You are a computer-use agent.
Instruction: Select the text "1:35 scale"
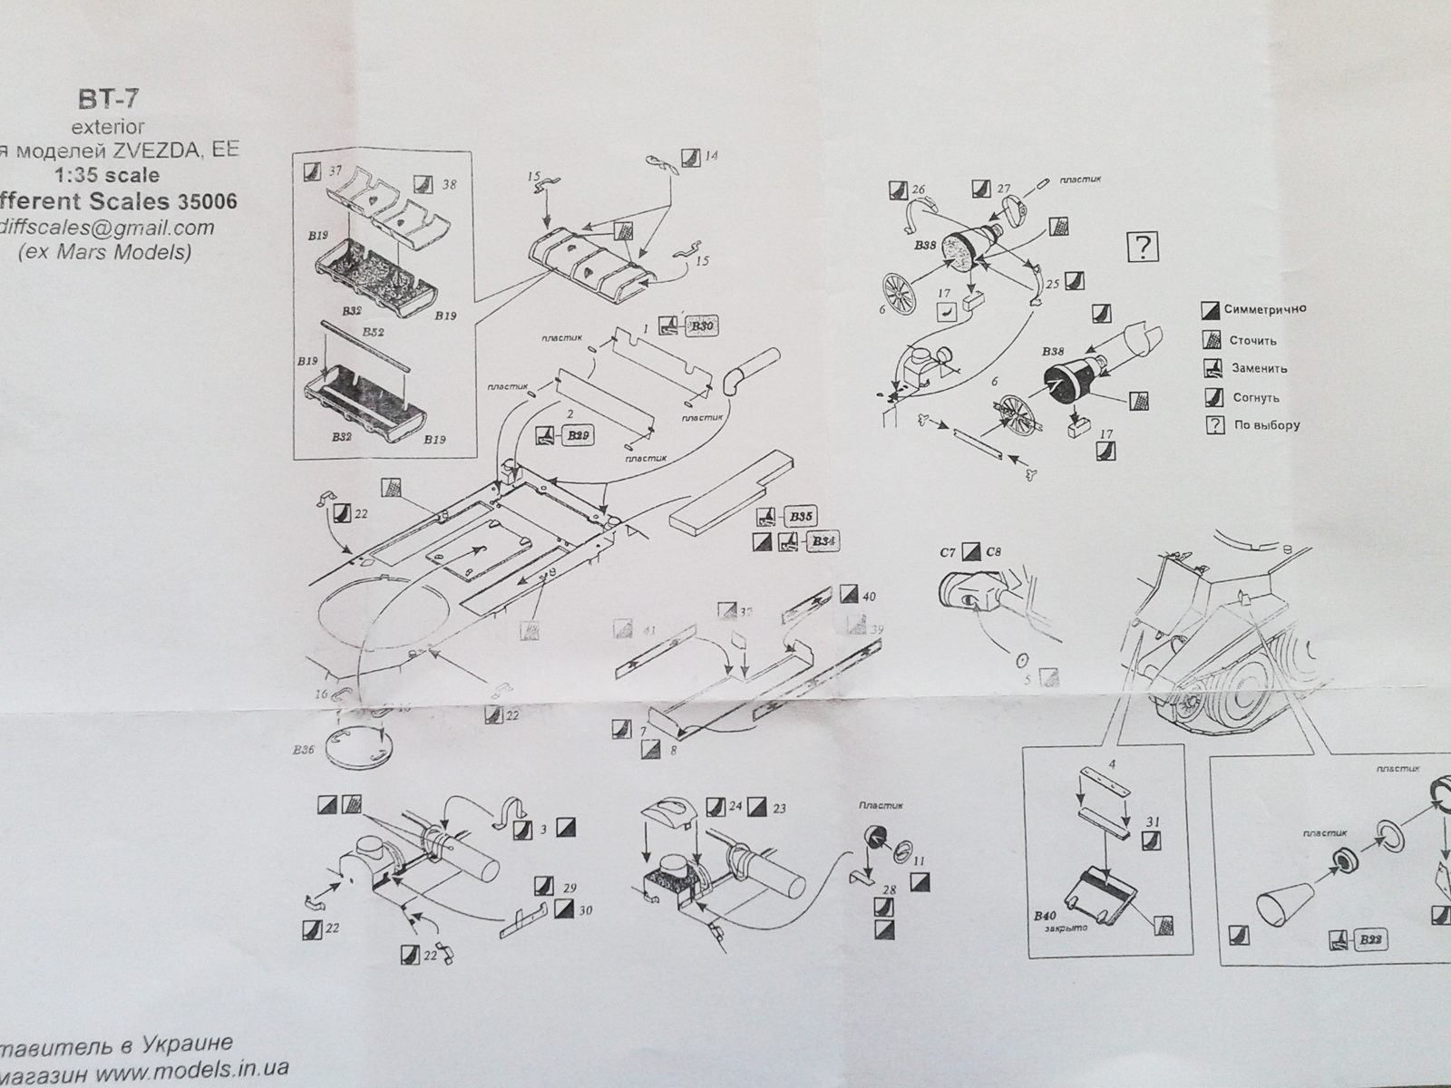tap(119, 174)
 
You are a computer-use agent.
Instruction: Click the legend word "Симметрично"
tap(1265, 309)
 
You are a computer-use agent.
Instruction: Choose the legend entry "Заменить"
tap(1259, 369)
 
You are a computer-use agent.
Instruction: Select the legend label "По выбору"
tap(1266, 425)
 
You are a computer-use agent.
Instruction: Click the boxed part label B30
tap(701, 327)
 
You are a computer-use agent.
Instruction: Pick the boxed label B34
tap(822, 542)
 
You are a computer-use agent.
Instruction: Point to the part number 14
tap(711, 156)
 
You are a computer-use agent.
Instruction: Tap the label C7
tap(948, 551)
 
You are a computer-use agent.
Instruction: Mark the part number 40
tap(869, 597)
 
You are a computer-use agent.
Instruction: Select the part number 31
tap(1153, 822)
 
